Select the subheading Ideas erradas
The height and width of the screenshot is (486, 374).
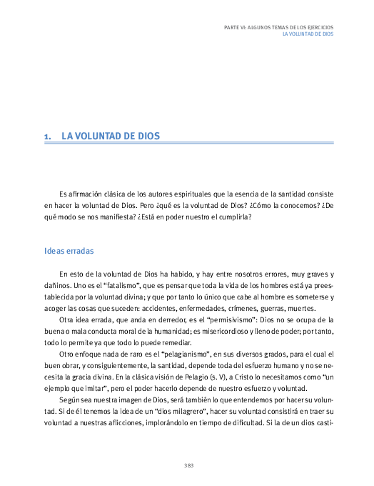pos(69,252)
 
